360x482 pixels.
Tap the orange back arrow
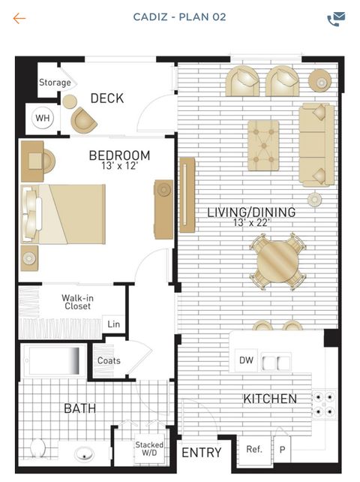[19, 19]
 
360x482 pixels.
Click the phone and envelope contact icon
[336, 19]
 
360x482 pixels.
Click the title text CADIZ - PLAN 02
[180, 17]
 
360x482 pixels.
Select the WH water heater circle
[43, 118]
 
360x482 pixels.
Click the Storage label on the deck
[55, 83]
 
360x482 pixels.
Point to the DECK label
[107, 98]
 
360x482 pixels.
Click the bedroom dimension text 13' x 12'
[120, 166]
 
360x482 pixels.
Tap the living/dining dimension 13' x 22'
[251, 222]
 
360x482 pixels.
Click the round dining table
[278, 261]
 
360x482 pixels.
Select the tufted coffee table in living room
[263, 146]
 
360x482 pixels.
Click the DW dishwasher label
[246, 360]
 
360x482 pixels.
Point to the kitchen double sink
[276, 363]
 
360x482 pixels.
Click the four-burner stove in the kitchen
[324, 404]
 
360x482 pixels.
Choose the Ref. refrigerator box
[255, 450]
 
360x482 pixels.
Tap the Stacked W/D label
[149, 448]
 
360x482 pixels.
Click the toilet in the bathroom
[37, 447]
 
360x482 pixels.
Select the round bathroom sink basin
[84, 453]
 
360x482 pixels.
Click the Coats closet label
[109, 360]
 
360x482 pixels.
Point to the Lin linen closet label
[114, 324]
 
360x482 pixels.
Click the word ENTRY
[202, 453]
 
